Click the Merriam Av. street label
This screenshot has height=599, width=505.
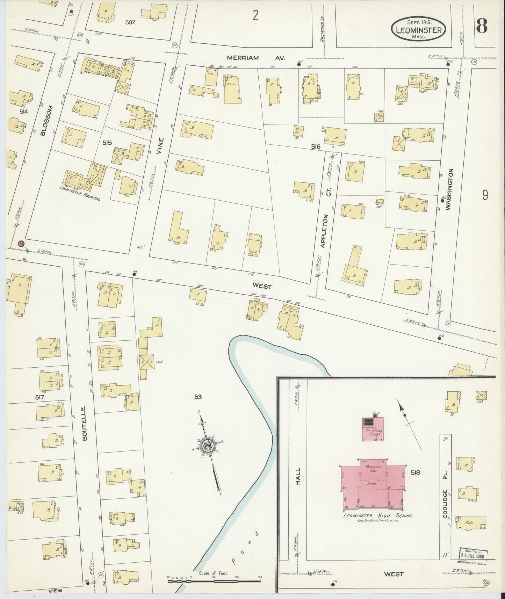coord(256,58)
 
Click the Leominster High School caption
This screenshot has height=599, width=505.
coord(378,515)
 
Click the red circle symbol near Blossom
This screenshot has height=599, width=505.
coord(22,244)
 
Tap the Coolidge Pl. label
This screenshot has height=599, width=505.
coord(445,509)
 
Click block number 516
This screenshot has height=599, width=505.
coord(316,147)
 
